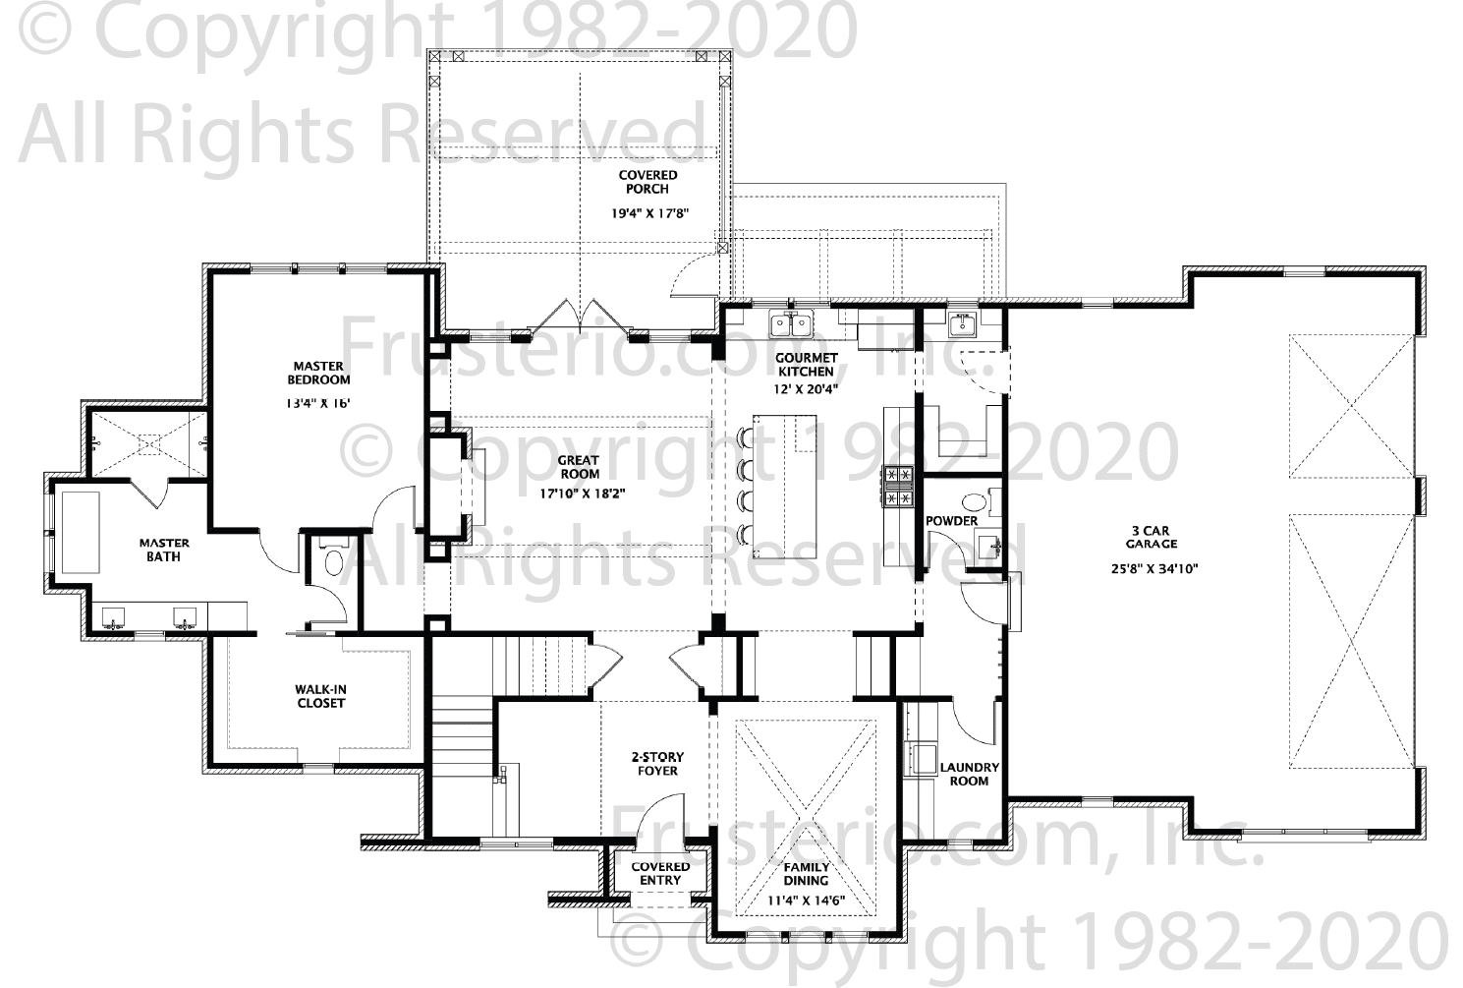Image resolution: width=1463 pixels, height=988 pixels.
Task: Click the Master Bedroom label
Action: (318, 374)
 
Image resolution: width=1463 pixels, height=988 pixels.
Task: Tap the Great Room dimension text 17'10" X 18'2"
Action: (582, 494)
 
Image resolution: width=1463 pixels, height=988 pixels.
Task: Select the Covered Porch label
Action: (647, 182)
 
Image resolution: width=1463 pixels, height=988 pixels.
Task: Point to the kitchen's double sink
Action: (791, 324)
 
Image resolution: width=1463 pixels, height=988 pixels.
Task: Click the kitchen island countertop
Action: (784, 487)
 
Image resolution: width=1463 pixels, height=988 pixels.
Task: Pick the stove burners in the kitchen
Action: (898, 487)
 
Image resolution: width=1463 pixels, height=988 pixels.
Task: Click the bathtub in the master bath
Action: (81, 533)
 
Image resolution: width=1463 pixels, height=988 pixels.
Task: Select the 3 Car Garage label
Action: (1152, 537)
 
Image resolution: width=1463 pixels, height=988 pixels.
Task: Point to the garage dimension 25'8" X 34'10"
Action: (1154, 568)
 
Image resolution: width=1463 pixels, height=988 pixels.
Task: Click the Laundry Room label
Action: (969, 774)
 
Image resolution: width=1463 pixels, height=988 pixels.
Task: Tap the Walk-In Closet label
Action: (320, 696)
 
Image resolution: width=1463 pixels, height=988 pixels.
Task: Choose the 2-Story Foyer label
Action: (657, 764)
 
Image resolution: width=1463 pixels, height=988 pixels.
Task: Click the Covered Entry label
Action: (660, 873)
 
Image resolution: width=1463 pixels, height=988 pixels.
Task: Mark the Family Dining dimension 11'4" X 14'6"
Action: (806, 901)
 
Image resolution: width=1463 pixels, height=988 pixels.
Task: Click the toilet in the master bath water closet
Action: (334, 555)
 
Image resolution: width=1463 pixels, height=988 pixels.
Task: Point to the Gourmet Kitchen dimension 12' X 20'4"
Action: (806, 388)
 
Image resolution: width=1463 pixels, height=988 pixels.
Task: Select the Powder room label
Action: (952, 521)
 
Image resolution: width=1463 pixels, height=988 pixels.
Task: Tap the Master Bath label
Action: (164, 550)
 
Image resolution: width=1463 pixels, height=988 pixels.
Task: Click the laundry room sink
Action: (922, 759)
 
